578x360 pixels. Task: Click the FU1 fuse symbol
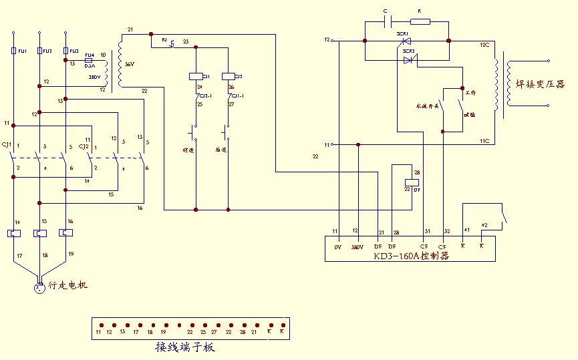[13, 51]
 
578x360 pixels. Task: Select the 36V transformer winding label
[130, 65]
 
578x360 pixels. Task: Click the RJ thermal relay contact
[171, 45]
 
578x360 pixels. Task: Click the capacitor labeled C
[386, 21]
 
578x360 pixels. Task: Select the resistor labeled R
[420, 21]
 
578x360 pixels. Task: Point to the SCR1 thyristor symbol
[404, 41]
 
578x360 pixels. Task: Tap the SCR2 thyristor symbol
[410, 59]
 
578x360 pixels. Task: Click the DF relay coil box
[412, 182]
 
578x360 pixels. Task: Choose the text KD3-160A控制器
[411, 256]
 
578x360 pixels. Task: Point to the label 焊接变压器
[539, 85]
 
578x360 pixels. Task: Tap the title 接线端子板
[185, 348]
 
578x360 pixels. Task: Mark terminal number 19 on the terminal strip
[163, 331]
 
